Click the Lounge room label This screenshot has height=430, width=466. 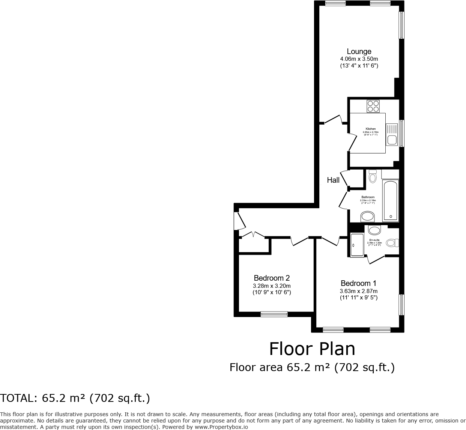[x=359, y=52]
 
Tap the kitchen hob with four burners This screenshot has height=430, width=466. [x=373, y=106]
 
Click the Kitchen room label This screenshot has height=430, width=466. [x=370, y=129]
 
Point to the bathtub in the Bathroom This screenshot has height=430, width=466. [x=390, y=200]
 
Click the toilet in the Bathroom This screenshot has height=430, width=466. [x=373, y=176]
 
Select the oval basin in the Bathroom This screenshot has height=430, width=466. [x=367, y=217]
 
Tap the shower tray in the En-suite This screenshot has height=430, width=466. [x=356, y=245]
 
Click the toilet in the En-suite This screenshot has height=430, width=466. [x=391, y=243]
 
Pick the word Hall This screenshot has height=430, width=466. [x=333, y=180]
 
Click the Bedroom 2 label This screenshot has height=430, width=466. [x=272, y=278]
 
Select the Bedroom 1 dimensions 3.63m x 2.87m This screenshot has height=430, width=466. [x=359, y=291]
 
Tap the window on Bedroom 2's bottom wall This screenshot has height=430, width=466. [x=274, y=314]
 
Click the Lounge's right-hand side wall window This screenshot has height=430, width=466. [x=401, y=25]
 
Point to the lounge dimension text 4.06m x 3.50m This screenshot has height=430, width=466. [x=359, y=59]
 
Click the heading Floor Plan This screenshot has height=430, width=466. [x=312, y=349]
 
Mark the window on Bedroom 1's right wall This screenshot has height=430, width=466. [x=401, y=305]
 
